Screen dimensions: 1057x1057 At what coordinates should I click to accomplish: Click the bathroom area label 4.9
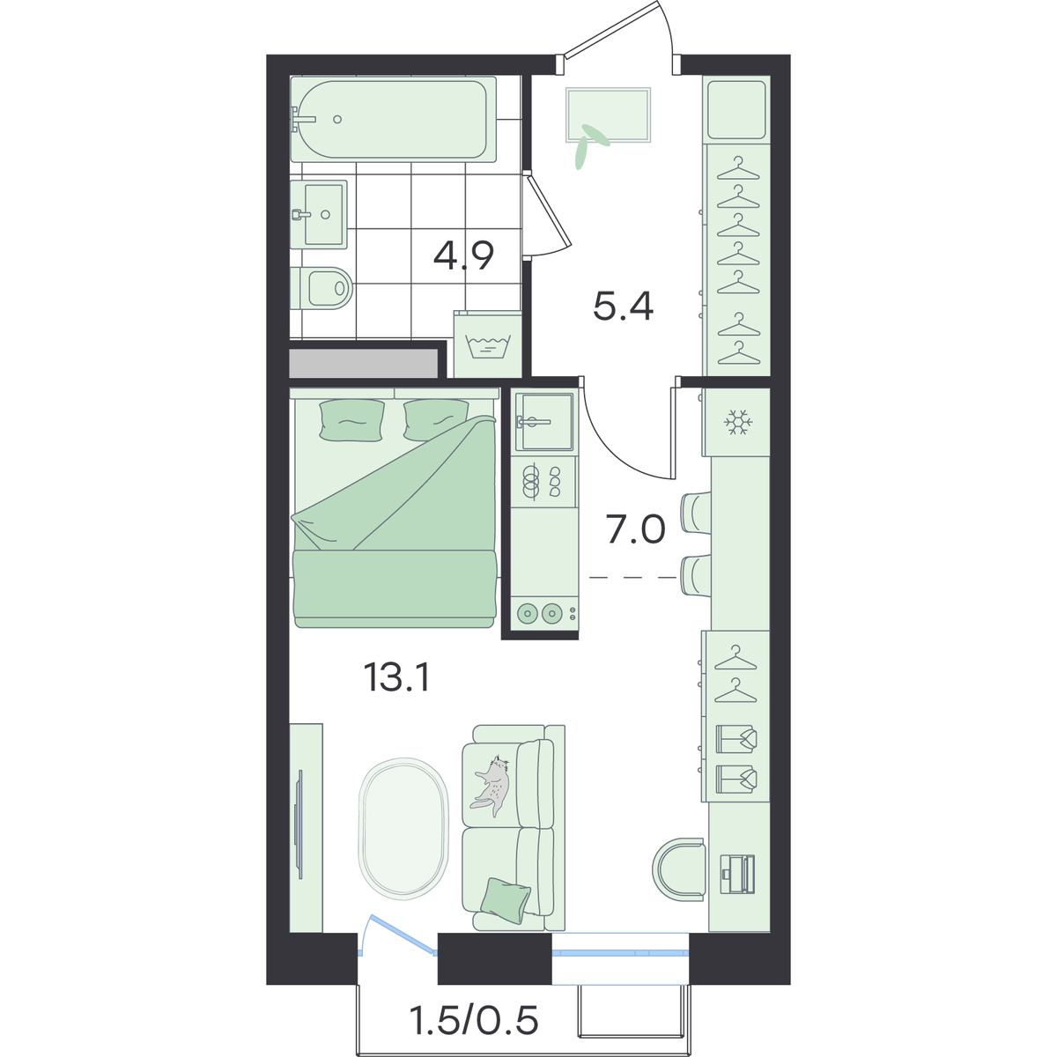(x=463, y=255)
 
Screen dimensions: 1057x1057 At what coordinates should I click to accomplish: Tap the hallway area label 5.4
(x=623, y=307)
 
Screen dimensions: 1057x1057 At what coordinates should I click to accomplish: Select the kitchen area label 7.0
(x=636, y=529)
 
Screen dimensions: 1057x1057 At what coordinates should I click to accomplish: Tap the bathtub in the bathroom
(x=393, y=119)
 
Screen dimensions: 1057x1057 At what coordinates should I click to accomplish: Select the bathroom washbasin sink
(x=319, y=214)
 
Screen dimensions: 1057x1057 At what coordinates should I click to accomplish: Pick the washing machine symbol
(x=488, y=344)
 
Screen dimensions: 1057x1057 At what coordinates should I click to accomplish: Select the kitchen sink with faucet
(x=543, y=421)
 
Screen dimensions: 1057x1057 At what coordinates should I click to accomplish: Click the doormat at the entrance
(x=609, y=115)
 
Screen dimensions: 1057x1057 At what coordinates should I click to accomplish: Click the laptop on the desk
(x=738, y=882)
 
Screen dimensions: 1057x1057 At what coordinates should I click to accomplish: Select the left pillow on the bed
(x=351, y=420)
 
